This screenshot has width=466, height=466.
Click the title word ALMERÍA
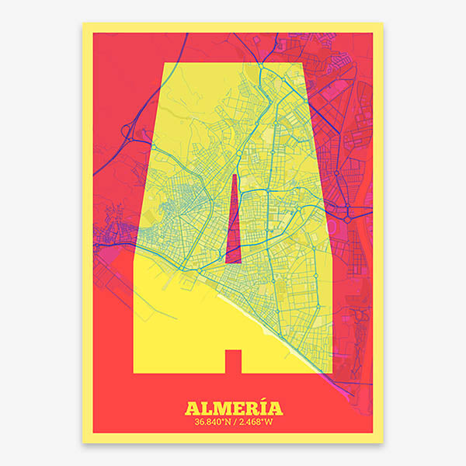233,408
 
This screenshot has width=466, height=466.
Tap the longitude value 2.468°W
254,422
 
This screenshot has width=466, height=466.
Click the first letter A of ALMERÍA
193,408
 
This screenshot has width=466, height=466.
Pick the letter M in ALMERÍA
221,408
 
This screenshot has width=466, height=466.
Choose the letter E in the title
235,408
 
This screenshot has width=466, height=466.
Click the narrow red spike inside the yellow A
234,221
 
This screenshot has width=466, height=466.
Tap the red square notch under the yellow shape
233,361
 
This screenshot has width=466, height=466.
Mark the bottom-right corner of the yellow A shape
332,372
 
